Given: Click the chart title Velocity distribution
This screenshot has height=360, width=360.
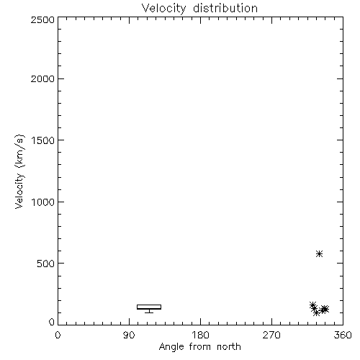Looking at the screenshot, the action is [199, 8].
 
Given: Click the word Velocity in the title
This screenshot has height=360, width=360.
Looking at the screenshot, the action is [163, 9].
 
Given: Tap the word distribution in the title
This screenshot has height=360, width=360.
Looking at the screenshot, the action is [225, 8].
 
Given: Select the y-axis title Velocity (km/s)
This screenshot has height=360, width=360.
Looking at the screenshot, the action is [19, 171].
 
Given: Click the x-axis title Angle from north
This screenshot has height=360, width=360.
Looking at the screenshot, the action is [199, 347].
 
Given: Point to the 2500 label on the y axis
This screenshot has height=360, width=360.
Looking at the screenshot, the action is [42, 19].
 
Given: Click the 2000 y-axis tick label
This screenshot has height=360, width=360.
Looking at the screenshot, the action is [42, 78].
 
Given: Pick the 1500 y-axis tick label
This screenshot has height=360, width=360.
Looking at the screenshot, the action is [43, 140].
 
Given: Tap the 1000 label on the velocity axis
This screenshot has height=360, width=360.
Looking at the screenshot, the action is [43, 202].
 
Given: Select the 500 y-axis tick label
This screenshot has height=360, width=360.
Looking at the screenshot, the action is [46, 264].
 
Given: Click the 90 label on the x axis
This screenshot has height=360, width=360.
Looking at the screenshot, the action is [129, 335].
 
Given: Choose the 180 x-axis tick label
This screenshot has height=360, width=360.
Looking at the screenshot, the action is [200, 335].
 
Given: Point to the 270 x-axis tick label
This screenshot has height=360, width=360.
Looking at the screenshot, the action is [271, 335].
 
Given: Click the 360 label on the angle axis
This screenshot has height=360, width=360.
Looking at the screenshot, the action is [343, 335].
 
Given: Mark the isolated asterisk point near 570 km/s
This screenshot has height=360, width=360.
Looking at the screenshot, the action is [319, 253].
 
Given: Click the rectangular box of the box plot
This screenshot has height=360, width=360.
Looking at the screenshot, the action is [149, 305].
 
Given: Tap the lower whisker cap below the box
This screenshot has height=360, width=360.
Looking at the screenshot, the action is [149, 312].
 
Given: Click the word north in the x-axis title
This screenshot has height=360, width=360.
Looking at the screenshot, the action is [229, 347].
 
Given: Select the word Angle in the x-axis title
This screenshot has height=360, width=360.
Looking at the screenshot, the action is [171, 347].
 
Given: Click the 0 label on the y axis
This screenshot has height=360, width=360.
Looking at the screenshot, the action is [52, 322].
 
